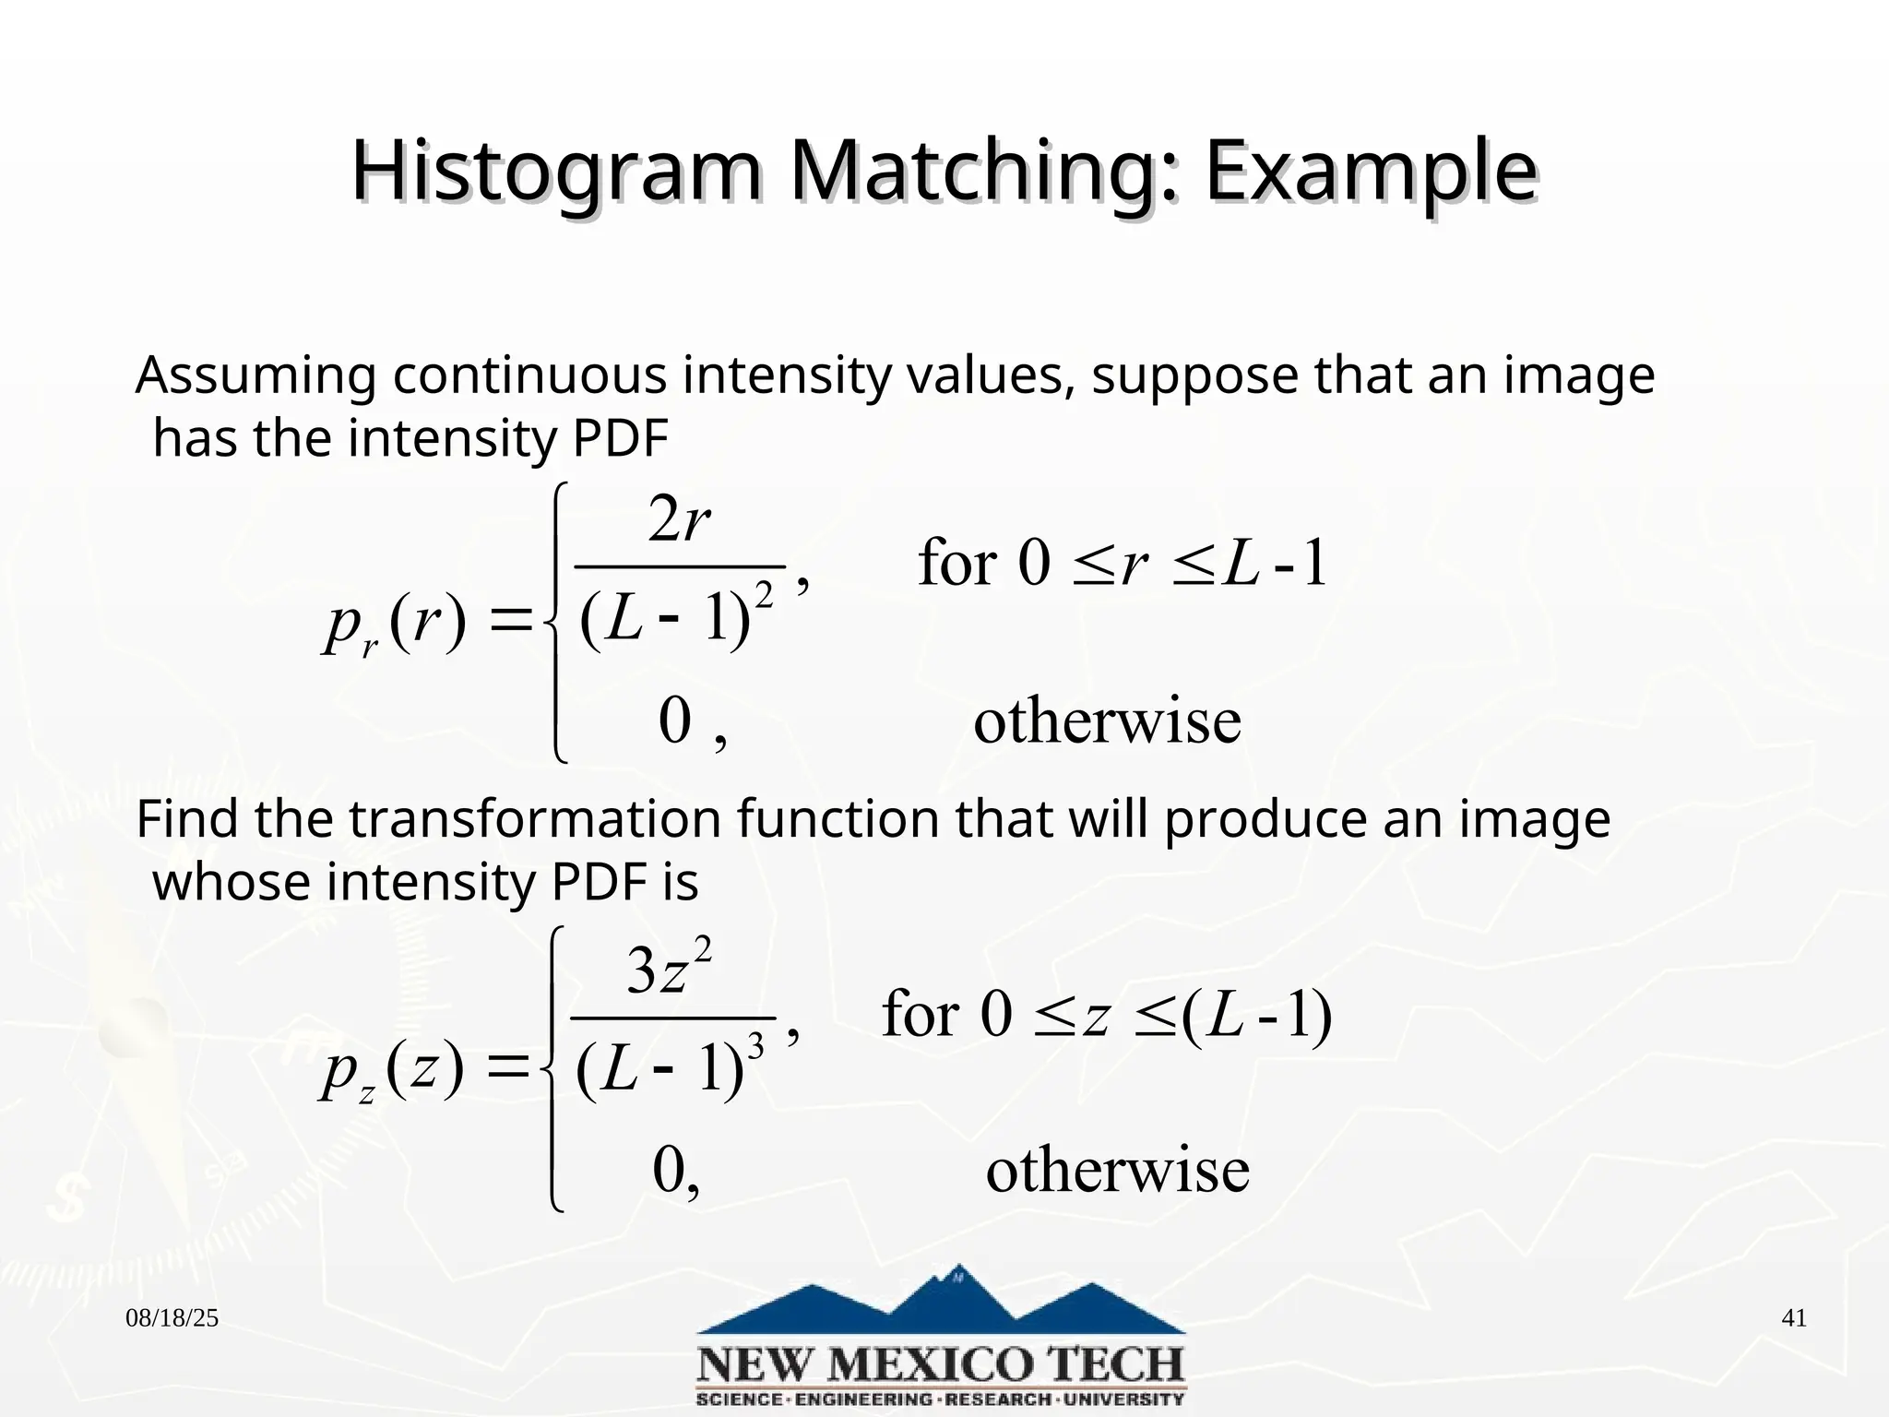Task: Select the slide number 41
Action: pyautogui.click(x=1793, y=1318)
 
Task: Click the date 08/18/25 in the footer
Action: pyautogui.click(x=172, y=1318)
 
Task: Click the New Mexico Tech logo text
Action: pyautogui.click(x=941, y=1364)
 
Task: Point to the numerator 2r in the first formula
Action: pyautogui.click(x=679, y=520)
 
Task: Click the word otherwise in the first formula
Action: pyautogui.click(x=1107, y=721)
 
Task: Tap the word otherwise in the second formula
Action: pyautogui.click(x=1117, y=1171)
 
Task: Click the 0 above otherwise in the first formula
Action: pyautogui.click(x=675, y=721)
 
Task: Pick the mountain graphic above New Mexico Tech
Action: pyautogui.click(x=941, y=1301)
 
